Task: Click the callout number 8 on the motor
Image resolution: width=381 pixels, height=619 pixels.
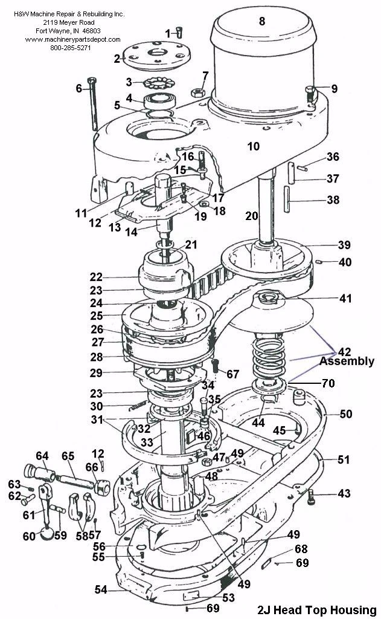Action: pyautogui.click(x=261, y=21)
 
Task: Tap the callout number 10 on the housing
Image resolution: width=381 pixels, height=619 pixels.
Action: pyautogui.click(x=253, y=146)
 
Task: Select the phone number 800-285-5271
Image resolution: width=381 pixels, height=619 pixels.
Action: pyautogui.click(x=70, y=47)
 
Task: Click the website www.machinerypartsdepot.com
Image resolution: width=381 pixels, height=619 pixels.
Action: pyautogui.click(x=71, y=39)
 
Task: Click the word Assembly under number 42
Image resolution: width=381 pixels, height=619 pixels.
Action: pyautogui.click(x=346, y=361)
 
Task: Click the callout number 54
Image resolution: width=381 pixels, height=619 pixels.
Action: pyautogui.click(x=101, y=589)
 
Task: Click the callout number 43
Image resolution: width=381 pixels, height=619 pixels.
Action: pyautogui.click(x=344, y=494)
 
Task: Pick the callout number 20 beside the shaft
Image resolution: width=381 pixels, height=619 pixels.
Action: pyautogui.click(x=252, y=216)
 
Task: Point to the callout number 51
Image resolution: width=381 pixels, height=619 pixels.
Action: pyautogui.click(x=343, y=460)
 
